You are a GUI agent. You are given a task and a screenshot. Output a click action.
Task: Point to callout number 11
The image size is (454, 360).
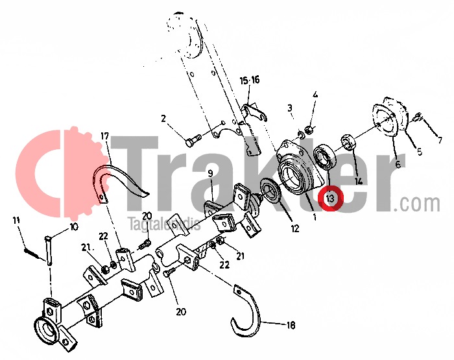pos(16,221)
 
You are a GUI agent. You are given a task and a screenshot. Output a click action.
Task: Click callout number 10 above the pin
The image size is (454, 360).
pos(73,227)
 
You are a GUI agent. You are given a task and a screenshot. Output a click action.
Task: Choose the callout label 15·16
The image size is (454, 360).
pos(249,80)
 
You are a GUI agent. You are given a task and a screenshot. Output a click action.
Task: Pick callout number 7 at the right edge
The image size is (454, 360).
pos(439,139)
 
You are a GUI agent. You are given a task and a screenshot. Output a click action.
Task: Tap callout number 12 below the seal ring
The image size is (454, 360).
pos(295,228)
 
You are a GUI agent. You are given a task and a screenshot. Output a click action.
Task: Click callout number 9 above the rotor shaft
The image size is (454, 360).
pos(210,173)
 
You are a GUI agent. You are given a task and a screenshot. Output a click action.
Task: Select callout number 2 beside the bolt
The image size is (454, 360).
pos(163,119)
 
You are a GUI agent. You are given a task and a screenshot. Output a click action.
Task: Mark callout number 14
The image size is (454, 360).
pos(359,181)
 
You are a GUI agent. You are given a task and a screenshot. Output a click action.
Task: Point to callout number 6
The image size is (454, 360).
pos(397,165)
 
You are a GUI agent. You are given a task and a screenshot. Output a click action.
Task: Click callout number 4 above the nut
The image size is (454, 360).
pos(315,95)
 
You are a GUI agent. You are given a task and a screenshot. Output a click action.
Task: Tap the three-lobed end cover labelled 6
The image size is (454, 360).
pos(388,120)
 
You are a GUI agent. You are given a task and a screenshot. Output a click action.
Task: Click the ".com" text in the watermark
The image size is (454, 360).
pos(420,204)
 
